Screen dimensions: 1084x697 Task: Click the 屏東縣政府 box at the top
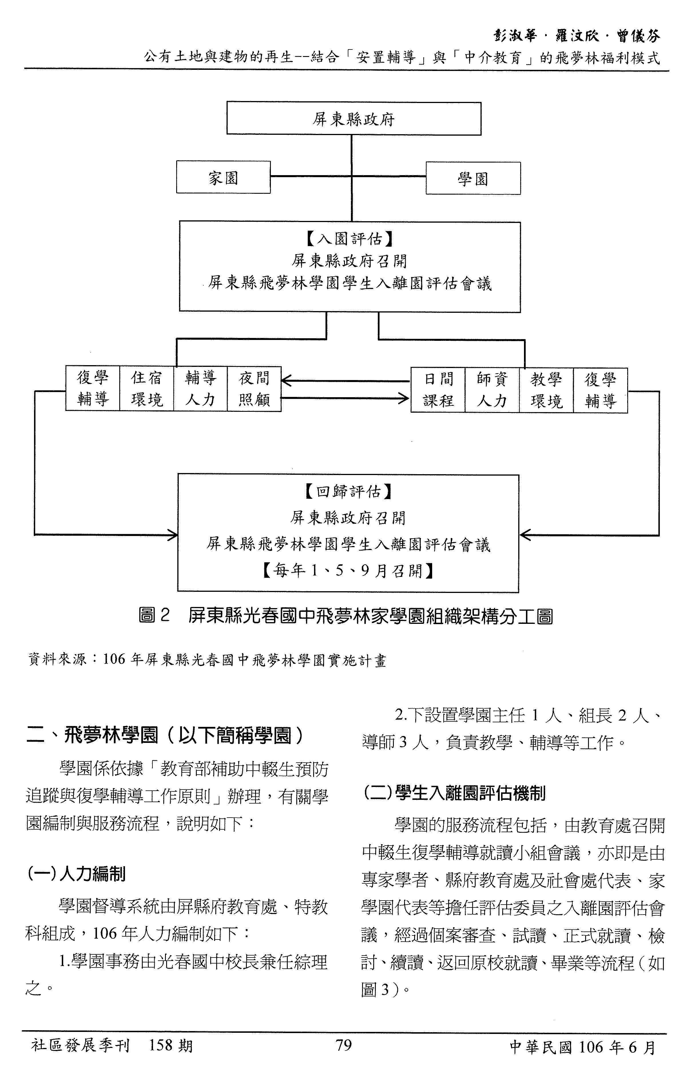354,119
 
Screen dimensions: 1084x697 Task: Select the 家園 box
223,177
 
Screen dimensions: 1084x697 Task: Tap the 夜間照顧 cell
254,389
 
